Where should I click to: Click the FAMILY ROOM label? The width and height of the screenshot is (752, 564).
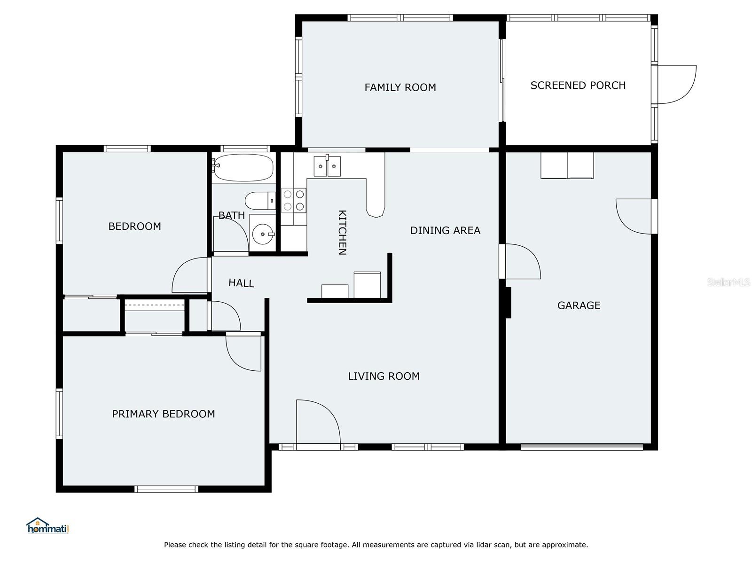pyautogui.click(x=400, y=87)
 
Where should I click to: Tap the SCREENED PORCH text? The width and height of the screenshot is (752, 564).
pyautogui.click(x=578, y=85)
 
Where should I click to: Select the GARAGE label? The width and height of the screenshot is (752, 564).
pyautogui.click(x=579, y=305)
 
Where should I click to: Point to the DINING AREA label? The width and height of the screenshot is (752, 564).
pyautogui.click(x=445, y=230)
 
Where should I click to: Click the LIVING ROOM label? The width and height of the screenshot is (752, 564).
pyautogui.click(x=384, y=376)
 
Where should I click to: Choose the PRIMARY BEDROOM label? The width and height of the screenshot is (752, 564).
pyautogui.click(x=164, y=414)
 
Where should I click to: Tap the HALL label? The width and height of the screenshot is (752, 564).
pyautogui.click(x=241, y=283)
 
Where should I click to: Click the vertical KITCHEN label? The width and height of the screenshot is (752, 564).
pyautogui.click(x=342, y=233)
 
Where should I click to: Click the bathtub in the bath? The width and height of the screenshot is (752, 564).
pyautogui.click(x=243, y=167)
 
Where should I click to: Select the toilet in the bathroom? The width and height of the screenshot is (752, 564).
pyautogui.click(x=260, y=201)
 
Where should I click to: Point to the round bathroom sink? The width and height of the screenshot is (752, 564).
pyautogui.click(x=263, y=234)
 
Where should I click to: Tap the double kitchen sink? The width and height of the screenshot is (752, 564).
pyautogui.click(x=327, y=166)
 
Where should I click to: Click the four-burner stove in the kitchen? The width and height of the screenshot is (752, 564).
pyautogui.click(x=294, y=200)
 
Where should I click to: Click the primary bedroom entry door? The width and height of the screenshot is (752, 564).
pyautogui.click(x=243, y=352)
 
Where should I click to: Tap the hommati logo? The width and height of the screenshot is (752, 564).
pyautogui.click(x=48, y=525)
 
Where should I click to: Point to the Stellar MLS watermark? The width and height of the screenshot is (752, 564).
pyautogui.click(x=728, y=282)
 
